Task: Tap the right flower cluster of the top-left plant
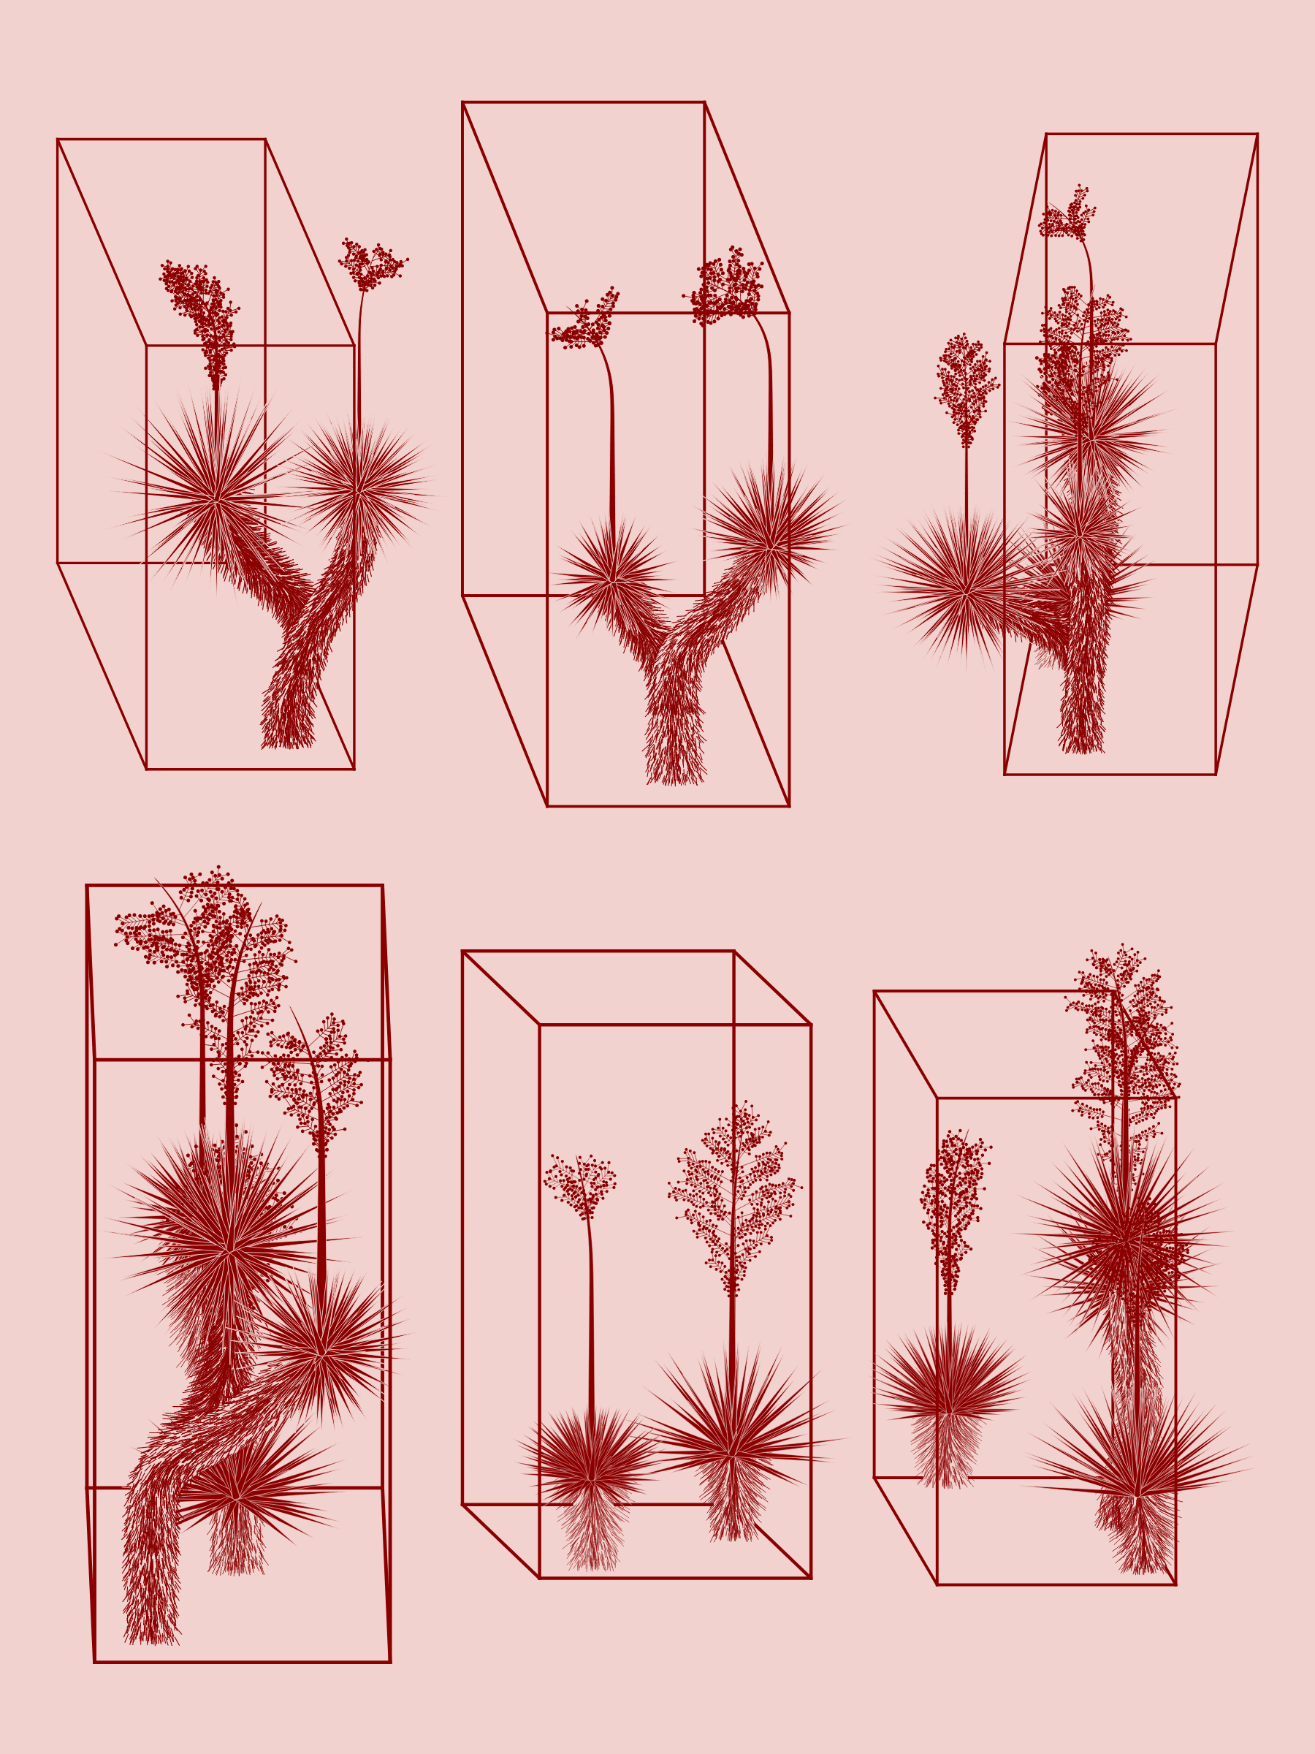(370, 264)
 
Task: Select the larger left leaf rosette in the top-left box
(216, 500)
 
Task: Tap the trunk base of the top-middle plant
(674, 773)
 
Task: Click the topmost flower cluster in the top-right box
(1067, 216)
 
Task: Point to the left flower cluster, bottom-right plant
(953, 1210)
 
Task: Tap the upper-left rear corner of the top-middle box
(463, 102)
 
